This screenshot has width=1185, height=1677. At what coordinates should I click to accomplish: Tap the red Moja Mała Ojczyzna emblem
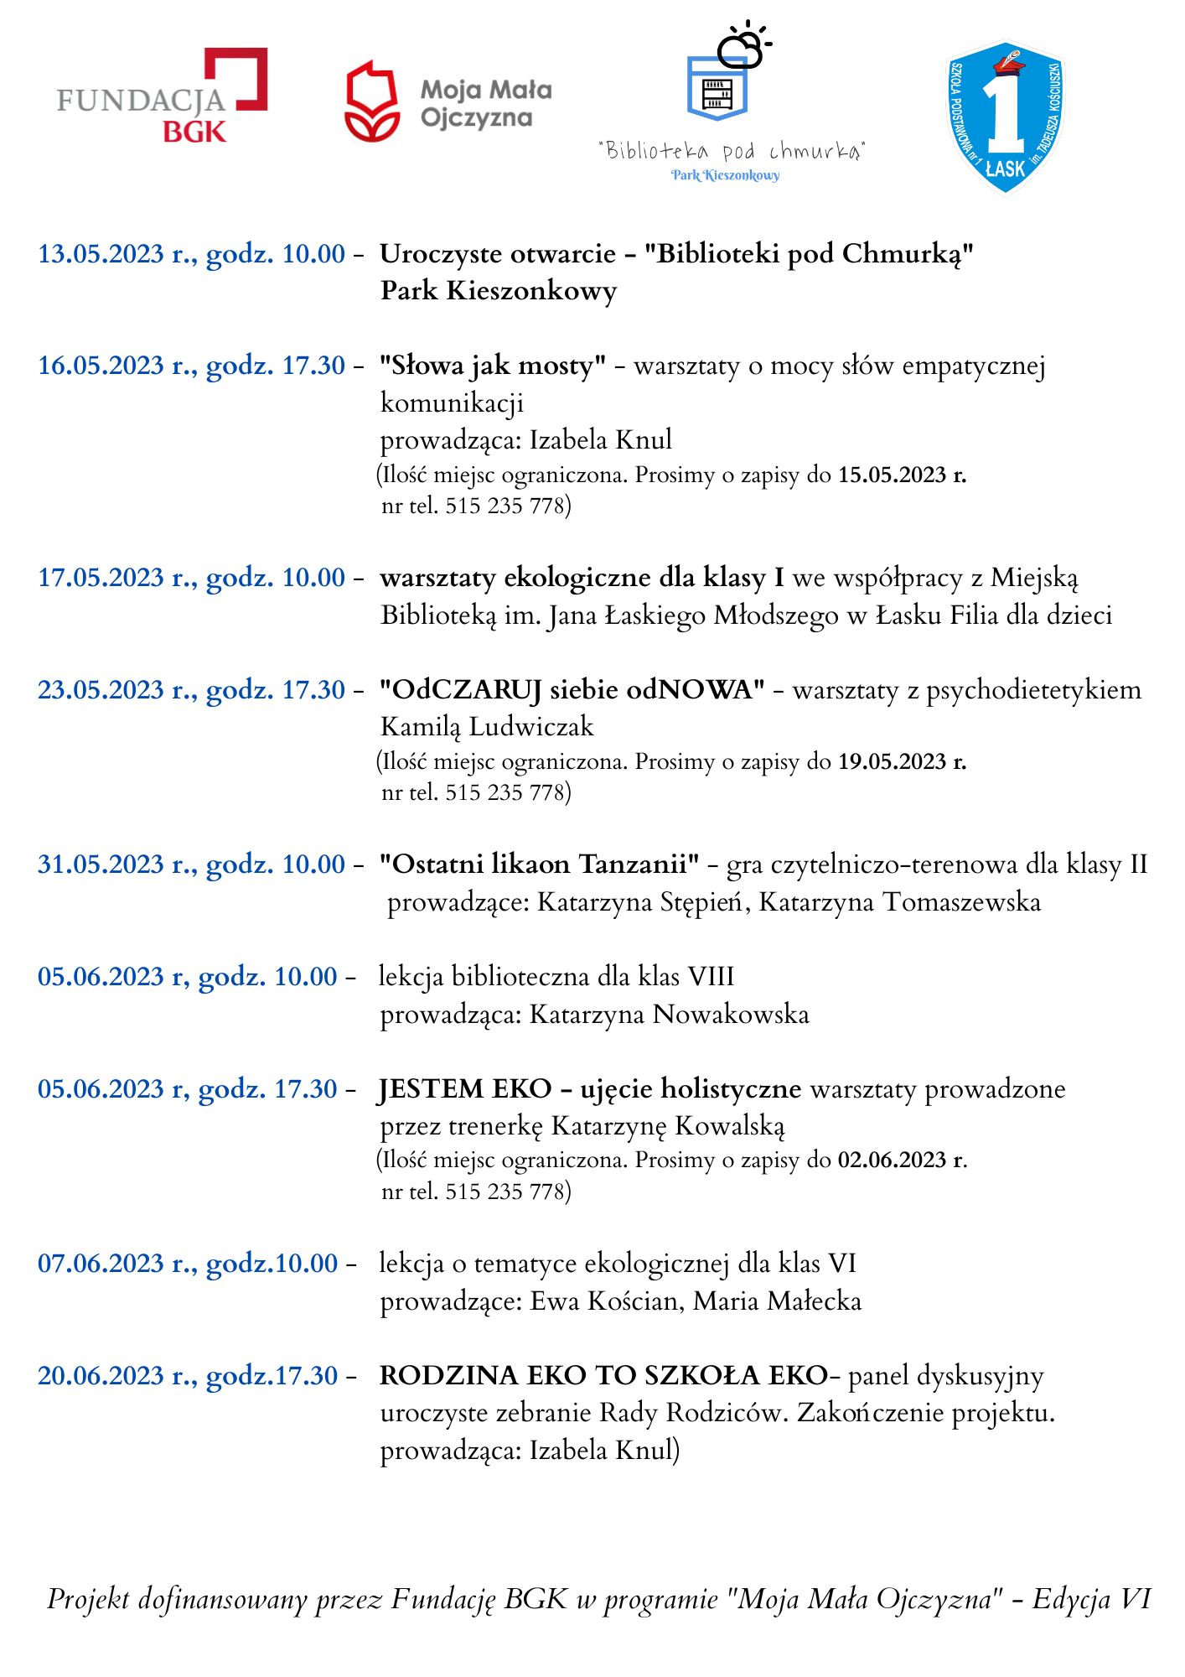click(371, 101)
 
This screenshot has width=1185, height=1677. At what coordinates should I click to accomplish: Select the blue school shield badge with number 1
click(1005, 117)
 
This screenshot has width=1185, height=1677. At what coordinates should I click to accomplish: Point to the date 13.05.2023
click(101, 253)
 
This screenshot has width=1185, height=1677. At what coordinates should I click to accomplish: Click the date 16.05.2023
click(101, 366)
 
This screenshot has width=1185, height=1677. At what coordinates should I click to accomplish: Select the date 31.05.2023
click(101, 864)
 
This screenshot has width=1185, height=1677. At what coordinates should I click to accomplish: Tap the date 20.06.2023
click(101, 1376)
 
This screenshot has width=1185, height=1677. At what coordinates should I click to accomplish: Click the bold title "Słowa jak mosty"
click(493, 366)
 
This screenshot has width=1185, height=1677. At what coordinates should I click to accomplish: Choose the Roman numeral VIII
click(710, 977)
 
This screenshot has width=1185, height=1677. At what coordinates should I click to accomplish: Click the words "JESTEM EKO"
click(464, 1089)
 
